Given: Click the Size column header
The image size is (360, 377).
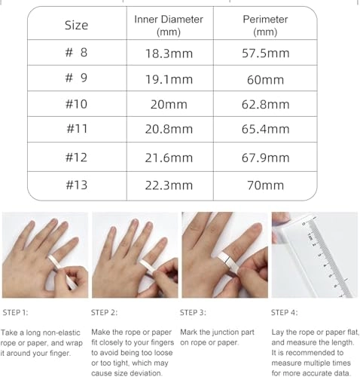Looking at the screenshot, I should click(75, 25).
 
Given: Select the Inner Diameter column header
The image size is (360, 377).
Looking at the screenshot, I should click(168, 25).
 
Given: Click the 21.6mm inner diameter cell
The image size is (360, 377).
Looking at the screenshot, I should click(168, 158).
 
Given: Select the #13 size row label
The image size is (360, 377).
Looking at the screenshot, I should click(75, 184).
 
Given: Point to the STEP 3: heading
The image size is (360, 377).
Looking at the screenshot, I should click(197, 311).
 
